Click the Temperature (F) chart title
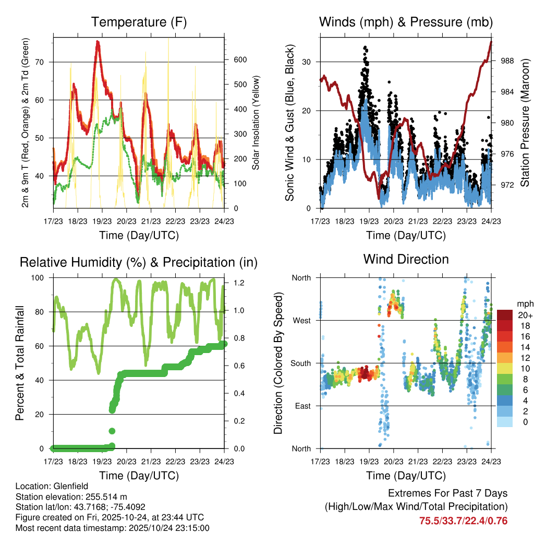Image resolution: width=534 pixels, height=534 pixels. pyautogui.click(x=139, y=22)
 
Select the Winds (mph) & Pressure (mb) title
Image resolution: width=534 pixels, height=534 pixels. pyautogui.click(x=406, y=22)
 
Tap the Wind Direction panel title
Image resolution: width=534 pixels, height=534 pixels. pyautogui.click(x=406, y=259)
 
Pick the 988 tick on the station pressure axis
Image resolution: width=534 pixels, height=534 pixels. pyautogui.click(x=506, y=61)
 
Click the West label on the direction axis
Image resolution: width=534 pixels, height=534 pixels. pyautogui.click(x=301, y=320)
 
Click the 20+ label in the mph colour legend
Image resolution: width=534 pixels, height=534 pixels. pyautogui.click(x=523, y=315)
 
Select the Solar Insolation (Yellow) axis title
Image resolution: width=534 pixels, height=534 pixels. pyautogui.click(x=256, y=123)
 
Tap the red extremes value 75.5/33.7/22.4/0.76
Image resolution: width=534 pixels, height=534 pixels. pyautogui.click(x=463, y=521)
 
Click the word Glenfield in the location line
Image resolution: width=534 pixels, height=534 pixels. pyautogui.click(x=66, y=486)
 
